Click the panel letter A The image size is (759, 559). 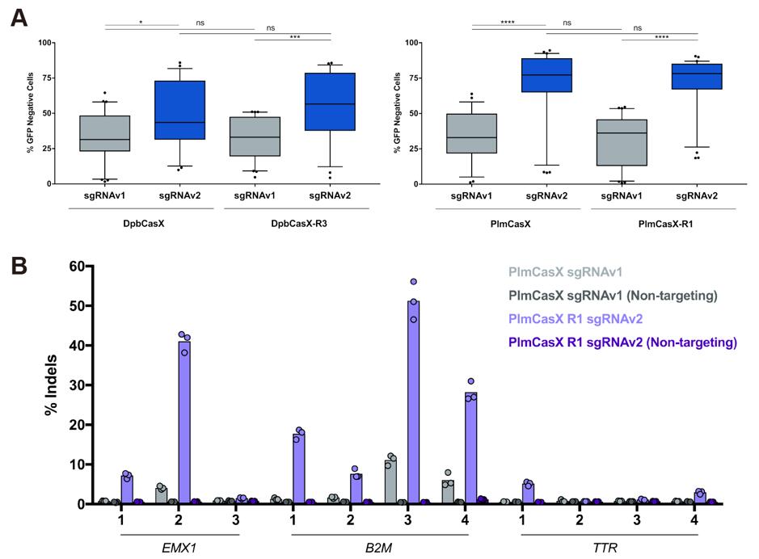tap(17, 15)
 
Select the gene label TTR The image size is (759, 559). tap(609, 545)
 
